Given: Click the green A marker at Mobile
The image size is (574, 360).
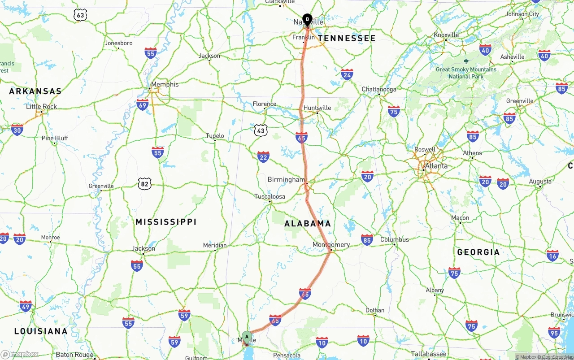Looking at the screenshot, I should point(247,337).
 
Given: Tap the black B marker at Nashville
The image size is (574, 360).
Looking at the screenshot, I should point(307,19).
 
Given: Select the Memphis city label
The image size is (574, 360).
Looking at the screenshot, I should point(165,84).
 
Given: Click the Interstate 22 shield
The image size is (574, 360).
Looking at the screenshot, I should point(263,156).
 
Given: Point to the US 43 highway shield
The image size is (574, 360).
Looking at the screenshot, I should point(261,130).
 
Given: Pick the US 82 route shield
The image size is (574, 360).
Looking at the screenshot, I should point(144,183).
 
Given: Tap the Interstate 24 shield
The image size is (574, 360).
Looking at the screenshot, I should point(347,74).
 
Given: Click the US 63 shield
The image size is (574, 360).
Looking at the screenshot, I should point(80,15).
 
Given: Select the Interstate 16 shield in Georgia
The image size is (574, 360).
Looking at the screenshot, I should point(552,256).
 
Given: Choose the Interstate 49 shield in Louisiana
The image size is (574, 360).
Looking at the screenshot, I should point(26,307).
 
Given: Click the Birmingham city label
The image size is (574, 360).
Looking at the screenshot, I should point(286,180).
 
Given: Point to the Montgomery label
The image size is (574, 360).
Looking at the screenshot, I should point(331,245).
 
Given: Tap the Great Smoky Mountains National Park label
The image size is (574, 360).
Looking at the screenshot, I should point(466,73).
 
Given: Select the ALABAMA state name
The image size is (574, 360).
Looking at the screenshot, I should point(308,223).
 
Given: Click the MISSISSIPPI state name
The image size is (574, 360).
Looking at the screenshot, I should point(166,222).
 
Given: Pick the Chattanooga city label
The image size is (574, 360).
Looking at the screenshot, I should point(379,89).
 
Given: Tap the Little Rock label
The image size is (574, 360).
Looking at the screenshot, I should point(41,107).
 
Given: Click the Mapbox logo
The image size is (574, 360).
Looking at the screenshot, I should point(20,354).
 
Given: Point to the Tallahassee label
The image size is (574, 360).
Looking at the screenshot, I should point(429,354).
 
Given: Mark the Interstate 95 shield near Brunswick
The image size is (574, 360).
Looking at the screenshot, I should point(554,332).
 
